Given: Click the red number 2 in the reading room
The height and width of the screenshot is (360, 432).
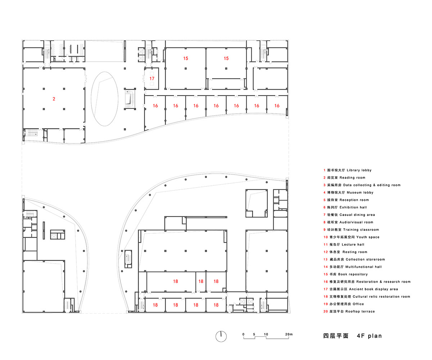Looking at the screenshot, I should click(54, 99).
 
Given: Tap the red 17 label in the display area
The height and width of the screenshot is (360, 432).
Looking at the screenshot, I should click(152, 78).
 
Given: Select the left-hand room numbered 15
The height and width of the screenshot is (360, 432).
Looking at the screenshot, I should click(185, 58).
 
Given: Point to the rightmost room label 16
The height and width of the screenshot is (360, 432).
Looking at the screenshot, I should click(277, 106).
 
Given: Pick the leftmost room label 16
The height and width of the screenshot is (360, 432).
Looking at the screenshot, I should click(155, 106).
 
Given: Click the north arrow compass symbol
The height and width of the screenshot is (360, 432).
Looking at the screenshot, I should click(221, 336).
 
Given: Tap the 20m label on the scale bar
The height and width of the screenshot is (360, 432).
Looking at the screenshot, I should click(289, 334).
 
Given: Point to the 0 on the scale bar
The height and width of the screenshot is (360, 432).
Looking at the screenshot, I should click(243, 334).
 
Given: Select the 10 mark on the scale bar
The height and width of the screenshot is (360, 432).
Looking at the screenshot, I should click(266, 334).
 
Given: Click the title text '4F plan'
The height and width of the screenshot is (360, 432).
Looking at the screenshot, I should click(369, 336).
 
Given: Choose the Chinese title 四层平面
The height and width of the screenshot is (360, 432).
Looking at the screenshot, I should click(336, 336).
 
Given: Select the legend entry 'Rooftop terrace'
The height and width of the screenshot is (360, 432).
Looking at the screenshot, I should click(360, 311).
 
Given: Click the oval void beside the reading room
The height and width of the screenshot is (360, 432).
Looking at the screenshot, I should click(104, 98).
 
